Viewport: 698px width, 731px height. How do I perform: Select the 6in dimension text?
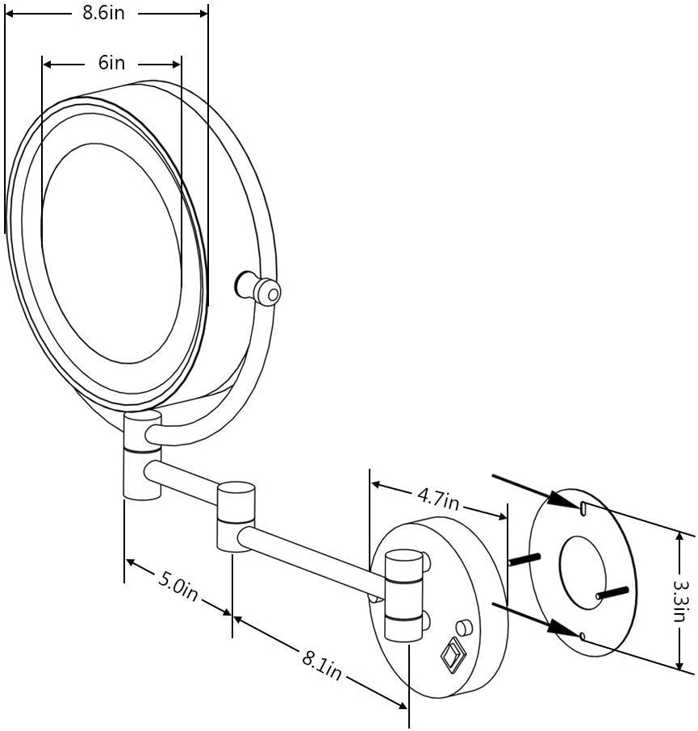(112, 63)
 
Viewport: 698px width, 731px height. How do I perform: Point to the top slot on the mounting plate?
(583, 507)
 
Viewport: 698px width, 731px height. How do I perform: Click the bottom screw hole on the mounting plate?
(583, 637)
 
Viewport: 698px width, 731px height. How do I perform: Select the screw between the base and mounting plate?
(525, 558)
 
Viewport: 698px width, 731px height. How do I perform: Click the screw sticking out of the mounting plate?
(612, 592)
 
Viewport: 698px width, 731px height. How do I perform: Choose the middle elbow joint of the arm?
(236, 516)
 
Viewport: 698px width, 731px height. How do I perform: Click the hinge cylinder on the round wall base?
(403, 594)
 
